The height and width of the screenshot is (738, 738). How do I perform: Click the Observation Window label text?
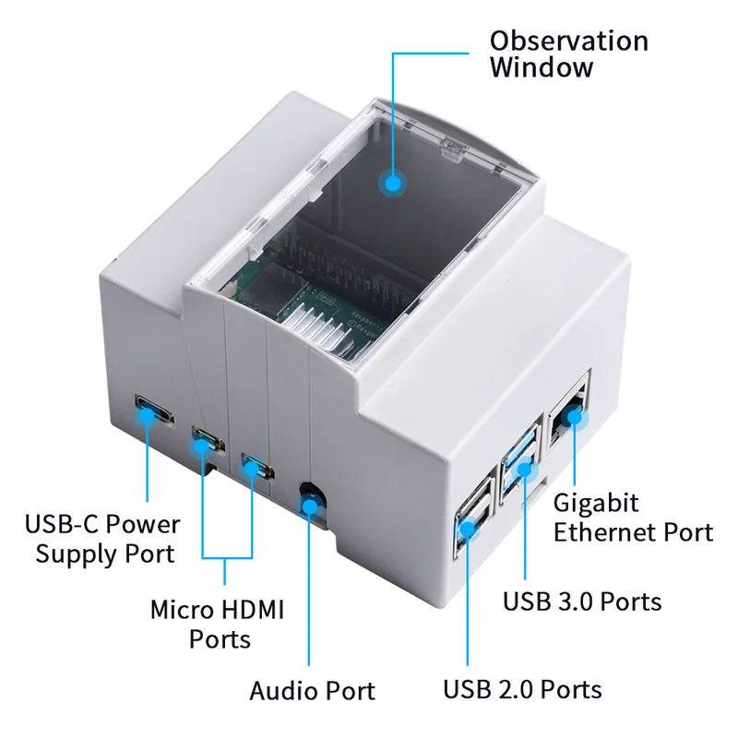[569, 54]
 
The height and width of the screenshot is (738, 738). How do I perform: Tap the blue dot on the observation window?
[393, 183]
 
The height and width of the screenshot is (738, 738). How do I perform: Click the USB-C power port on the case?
[154, 411]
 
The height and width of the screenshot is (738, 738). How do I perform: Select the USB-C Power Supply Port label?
[102, 539]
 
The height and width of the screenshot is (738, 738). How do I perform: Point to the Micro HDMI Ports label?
[218, 625]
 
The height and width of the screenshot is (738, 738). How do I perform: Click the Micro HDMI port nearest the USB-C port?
[208, 440]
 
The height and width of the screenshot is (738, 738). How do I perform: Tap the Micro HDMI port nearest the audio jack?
[257, 467]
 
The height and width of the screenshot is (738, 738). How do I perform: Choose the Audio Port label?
[313, 691]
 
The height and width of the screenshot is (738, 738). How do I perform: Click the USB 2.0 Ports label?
[522, 689]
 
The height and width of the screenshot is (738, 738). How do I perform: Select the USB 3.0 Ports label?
[582, 601]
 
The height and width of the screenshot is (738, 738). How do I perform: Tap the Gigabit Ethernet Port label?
[633, 518]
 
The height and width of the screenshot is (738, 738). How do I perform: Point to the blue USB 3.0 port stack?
[519, 464]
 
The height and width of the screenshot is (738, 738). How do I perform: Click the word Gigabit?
[596, 504]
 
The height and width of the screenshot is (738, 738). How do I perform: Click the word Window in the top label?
[542, 67]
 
